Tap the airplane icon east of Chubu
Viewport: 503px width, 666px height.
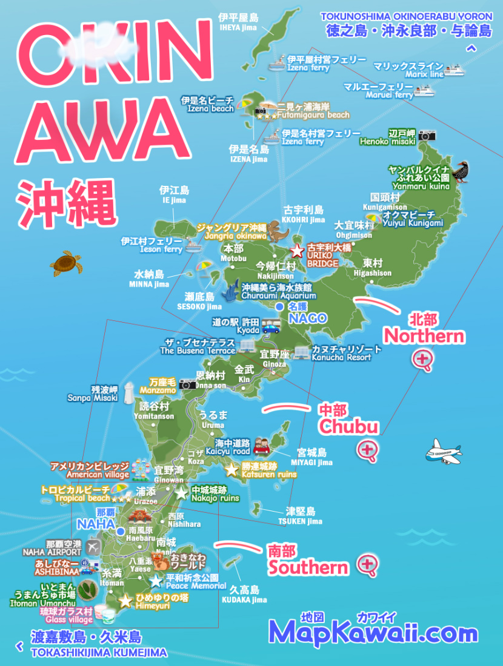(444, 452)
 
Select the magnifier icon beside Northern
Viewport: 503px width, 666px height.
(422, 360)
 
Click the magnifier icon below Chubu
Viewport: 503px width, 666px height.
(367, 450)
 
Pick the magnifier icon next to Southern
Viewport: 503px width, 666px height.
(367, 565)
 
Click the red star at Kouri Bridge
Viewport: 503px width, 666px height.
(297, 251)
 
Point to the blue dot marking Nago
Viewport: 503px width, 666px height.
(279, 307)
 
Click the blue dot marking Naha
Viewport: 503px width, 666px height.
(121, 531)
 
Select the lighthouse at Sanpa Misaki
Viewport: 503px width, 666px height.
(128, 393)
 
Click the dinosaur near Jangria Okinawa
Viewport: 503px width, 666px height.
(278, 230)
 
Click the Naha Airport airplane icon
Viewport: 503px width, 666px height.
(93, 547)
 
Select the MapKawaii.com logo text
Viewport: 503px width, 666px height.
(373, 633)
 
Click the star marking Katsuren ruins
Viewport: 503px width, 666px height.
(232, 469)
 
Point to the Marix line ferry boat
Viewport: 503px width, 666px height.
(454, 71)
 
